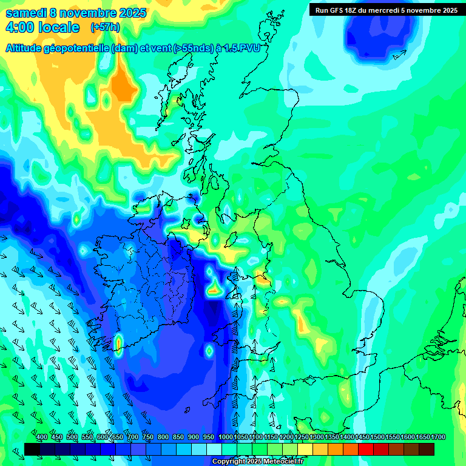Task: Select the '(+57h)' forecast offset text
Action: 105,27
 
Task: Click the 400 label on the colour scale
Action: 41,437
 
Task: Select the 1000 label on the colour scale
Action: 225,437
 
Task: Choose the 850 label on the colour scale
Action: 178,437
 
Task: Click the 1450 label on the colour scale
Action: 362,437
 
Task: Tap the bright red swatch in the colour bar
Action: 366,449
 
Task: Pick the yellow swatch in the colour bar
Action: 305,449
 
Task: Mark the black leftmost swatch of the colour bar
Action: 32,449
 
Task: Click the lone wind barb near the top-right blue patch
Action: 399,55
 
